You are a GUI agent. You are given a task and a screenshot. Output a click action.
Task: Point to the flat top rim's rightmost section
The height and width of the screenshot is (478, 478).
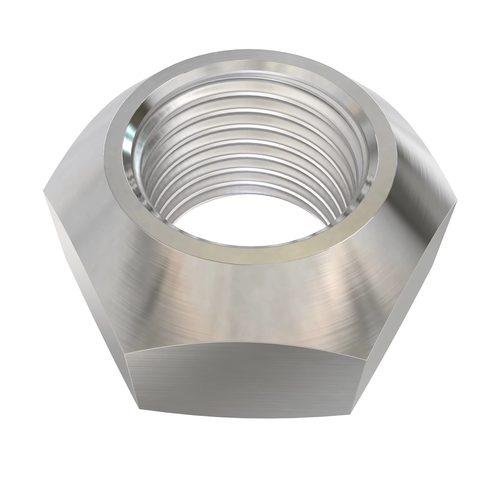tap(388, 163)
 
